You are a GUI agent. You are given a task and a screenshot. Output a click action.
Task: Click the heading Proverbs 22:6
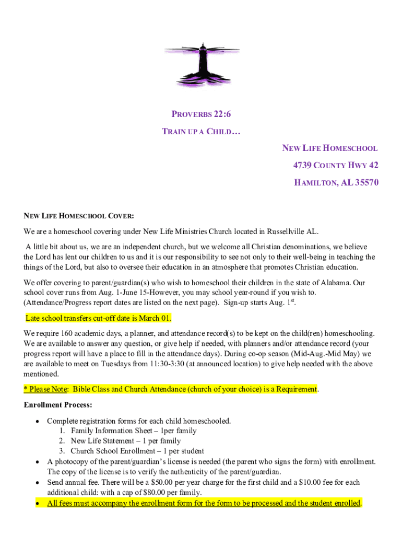[x=201, y=114]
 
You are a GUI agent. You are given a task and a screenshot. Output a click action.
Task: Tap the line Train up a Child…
[x=201, y=132]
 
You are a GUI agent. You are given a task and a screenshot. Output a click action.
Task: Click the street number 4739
[x=303, y=166]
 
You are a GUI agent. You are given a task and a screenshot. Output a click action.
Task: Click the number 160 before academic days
[x=67, y=333]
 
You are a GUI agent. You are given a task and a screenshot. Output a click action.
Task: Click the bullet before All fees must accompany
[x=38, y=504]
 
